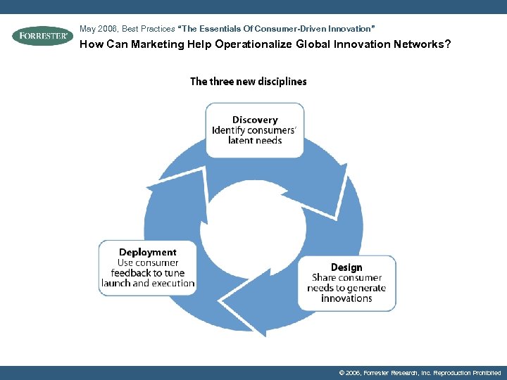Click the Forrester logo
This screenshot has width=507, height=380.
click(x=42, y=36)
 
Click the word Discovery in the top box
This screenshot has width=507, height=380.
click(x=255, y=120)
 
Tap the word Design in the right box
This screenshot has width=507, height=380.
click(x=346, y=267)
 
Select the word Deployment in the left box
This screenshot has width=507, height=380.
click(x=147, y=252)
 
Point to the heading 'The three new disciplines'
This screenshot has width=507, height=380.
click(x=248, y=82)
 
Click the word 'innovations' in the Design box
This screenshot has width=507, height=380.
click(x=346, y=298)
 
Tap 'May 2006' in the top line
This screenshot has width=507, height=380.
click(x=99, y=29)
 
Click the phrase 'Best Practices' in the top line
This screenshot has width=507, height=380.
click(x=148, y=29)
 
